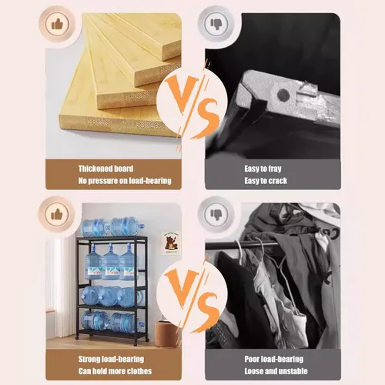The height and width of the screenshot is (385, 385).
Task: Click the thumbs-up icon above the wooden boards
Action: tap(57, 25)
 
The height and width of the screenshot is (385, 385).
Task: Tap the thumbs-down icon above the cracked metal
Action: tap(216, 24)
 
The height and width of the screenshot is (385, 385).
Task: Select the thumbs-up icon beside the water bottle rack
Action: tap(57, 214)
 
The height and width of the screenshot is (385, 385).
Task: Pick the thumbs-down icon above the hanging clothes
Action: tap(216, 214)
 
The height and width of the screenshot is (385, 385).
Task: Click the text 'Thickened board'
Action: tap(105, 169)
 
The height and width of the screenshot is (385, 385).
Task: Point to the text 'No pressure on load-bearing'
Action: tap(125, 181)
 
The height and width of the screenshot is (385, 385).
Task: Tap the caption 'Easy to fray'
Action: tap(263, 169)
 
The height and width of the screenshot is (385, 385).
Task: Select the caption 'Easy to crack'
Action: tap(266, 181)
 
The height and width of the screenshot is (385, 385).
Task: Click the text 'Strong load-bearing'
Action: tap(111, 359)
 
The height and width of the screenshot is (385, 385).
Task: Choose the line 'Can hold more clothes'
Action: tap(115, 371)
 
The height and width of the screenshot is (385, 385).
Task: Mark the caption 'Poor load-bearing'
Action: tap(274, 359)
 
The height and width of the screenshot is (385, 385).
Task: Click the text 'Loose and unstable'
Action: tap(276, 371)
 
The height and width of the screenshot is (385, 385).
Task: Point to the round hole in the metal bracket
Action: tap(283, 95)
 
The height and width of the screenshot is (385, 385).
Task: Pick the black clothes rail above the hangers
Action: tap(242, 245)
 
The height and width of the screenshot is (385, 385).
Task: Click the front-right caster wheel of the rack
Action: tap(147, 340)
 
